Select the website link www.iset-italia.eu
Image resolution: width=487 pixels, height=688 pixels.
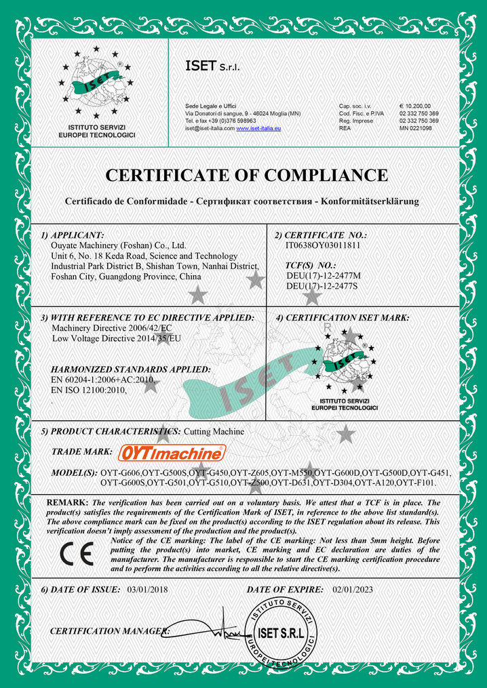click(x=258, y=128)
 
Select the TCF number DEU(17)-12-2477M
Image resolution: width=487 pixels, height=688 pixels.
click(x=324, y=276)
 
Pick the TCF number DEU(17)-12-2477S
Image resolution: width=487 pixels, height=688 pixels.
click(x=322, y=287)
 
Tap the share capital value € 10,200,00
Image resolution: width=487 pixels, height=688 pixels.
click(x=415, y=106)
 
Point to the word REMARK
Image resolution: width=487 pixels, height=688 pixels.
click(x=66, y=502)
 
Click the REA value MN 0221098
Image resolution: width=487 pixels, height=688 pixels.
click(x=415, y=127)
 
